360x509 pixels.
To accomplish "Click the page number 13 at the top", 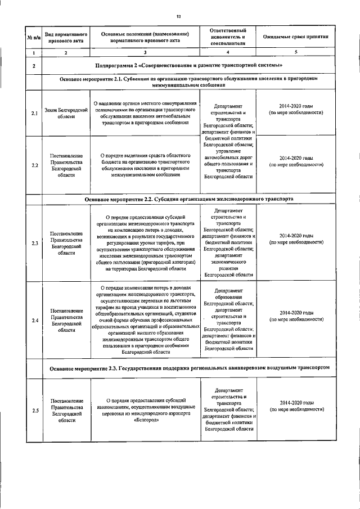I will (179, 16).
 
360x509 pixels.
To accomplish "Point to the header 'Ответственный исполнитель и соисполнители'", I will (228, 36).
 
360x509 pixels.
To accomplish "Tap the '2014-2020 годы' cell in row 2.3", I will (296, 238).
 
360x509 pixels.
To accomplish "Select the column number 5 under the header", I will (296, 52).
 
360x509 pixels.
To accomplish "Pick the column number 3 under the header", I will (145, 52).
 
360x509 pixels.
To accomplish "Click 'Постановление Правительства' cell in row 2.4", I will (66, 320).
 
